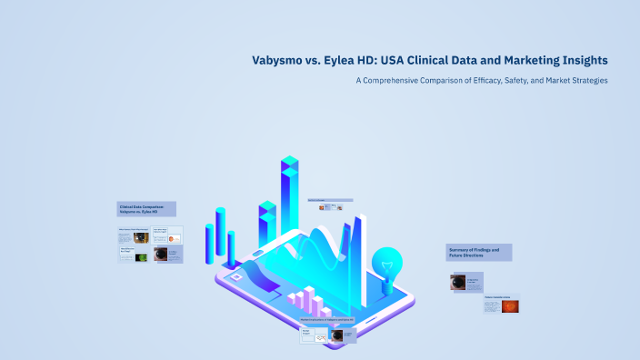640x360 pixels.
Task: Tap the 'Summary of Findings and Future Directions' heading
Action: click(479, 252)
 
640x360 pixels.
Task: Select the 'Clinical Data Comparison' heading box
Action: click(146, 208)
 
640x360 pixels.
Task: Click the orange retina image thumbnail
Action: click(510, 306)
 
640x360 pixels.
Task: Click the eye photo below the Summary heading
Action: click(458, 282)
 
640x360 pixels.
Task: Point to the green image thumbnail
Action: click(141, 257)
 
